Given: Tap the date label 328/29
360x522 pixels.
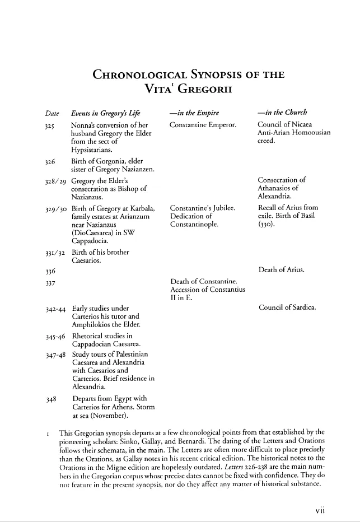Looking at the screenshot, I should tap(55, 181).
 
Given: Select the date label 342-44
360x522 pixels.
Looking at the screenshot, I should tap(55, 308).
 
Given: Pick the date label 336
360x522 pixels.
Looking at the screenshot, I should tap(50, 271).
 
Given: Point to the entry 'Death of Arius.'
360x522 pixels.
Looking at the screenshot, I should tap(281, 270).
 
